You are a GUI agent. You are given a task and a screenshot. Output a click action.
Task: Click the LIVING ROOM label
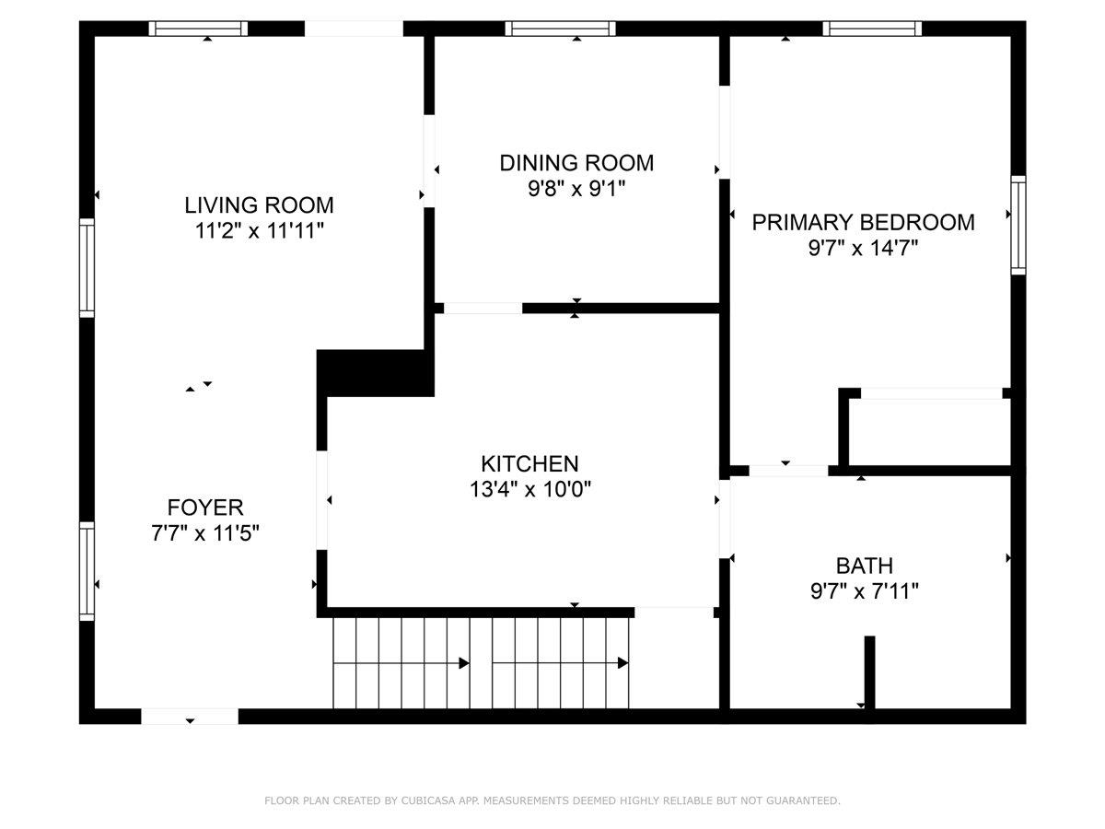pos(259,204)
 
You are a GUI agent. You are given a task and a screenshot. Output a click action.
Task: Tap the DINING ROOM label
pos(576,163)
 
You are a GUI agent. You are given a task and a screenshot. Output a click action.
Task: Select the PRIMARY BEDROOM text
pos(863,223)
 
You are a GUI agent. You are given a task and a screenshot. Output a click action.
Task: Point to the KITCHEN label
pos(529,463)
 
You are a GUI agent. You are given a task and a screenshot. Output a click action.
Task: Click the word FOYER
pos(205,508)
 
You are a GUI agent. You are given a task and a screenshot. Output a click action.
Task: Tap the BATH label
pos(865,566)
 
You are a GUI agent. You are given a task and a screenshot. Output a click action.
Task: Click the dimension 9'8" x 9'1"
pos(576,189)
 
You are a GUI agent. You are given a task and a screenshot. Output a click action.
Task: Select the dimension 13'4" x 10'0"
pos(530,489)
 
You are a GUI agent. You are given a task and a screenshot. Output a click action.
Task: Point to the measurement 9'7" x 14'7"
pos(864,248)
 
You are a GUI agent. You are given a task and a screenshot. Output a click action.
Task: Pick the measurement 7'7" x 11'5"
pos(205,533)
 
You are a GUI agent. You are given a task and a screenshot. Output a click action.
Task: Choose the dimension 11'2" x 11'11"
pos(259,231)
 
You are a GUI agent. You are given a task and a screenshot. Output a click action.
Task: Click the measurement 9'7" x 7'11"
pos(865,591)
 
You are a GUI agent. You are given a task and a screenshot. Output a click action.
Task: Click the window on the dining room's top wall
pos(560,29)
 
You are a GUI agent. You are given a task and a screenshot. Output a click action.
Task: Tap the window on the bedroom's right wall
pos(1018,225)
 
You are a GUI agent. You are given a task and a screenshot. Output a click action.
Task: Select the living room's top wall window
pos(198,29)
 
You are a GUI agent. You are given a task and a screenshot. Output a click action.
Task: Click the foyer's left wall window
pos(87,571)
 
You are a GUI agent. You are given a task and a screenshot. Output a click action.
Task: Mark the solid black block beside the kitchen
pos(375,373)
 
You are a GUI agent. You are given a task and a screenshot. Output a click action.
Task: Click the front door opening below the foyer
pos(190,717)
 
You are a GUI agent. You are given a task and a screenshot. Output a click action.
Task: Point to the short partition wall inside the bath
pos(869,673)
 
